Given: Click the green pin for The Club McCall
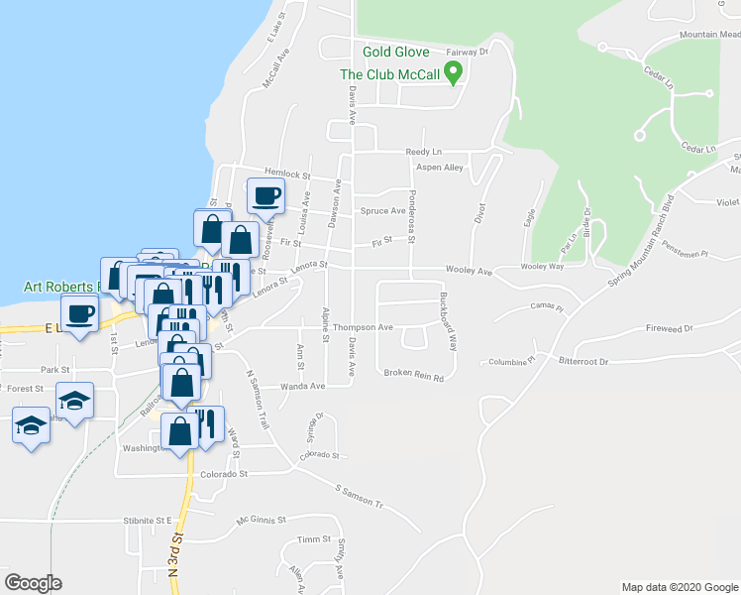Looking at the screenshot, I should click(x=454, y=71).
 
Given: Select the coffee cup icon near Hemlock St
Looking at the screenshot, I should click(x=265, y=195).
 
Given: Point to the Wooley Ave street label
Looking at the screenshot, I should click(x=469, y=271).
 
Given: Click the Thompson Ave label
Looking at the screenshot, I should click(x=363, y=327).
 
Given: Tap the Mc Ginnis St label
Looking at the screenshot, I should click(x=261, y=520).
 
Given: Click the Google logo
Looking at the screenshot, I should click(x=33, y=583).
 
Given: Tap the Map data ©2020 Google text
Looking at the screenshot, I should click(x=680, y=587).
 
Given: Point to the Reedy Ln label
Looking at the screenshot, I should click(x=422, y=152).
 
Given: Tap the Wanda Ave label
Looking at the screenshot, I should click(x=302, y=387).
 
